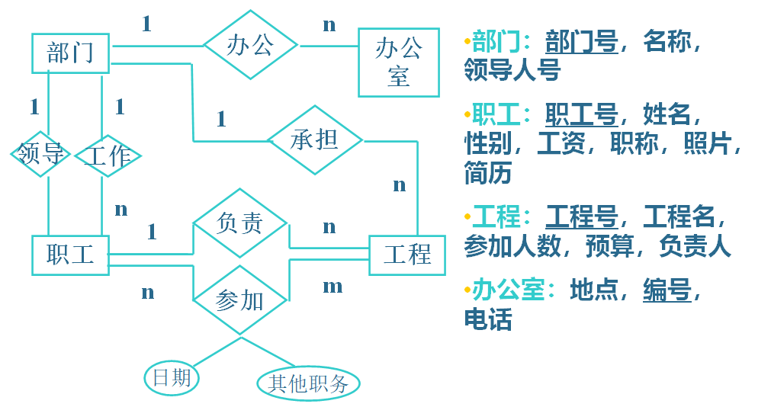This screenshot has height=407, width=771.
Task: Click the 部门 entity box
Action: pos(71,53)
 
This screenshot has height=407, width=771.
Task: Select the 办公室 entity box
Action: pos(398,62)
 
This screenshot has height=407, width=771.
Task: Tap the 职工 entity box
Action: pos(71,255)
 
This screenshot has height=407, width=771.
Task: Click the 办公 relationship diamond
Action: pos(249,45)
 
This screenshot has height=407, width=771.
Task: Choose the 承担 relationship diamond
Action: pos(315,140)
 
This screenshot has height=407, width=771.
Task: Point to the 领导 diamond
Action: pos(41,155)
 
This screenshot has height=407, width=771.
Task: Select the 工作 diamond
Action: pos(108,155)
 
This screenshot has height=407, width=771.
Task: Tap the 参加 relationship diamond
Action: pos(240,300)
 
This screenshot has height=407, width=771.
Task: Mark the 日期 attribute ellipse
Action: pos(172,377)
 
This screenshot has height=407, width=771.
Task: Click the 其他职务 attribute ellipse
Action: pos(308,383)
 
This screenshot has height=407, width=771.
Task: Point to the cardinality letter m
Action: pos(332,287)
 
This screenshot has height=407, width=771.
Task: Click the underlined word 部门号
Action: pos(582,41)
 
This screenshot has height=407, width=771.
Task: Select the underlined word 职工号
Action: pos(582,115)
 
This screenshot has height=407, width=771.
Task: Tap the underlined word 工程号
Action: pos(582,217)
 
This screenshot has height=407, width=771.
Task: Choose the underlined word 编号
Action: pos(667,290)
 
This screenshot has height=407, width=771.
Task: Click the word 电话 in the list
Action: pos(488,319)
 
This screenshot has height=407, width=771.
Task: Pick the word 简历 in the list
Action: pos(488,173)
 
